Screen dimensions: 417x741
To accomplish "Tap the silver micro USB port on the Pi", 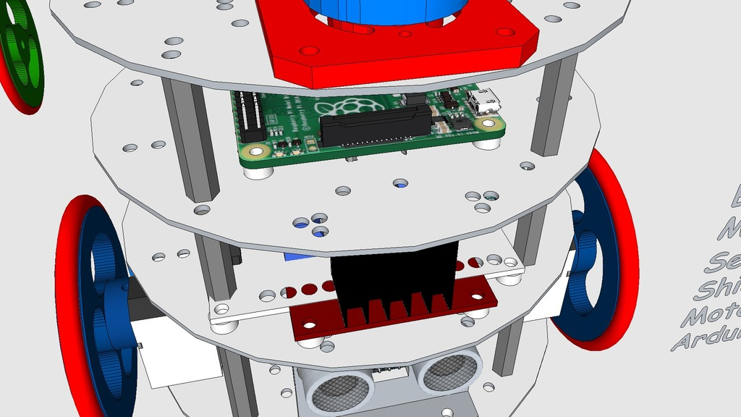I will point(483,102).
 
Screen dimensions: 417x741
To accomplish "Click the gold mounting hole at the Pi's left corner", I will point(255,151).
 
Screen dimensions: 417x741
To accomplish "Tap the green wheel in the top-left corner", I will point(21,54).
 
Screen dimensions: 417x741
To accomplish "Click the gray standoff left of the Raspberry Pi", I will point(190,141).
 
